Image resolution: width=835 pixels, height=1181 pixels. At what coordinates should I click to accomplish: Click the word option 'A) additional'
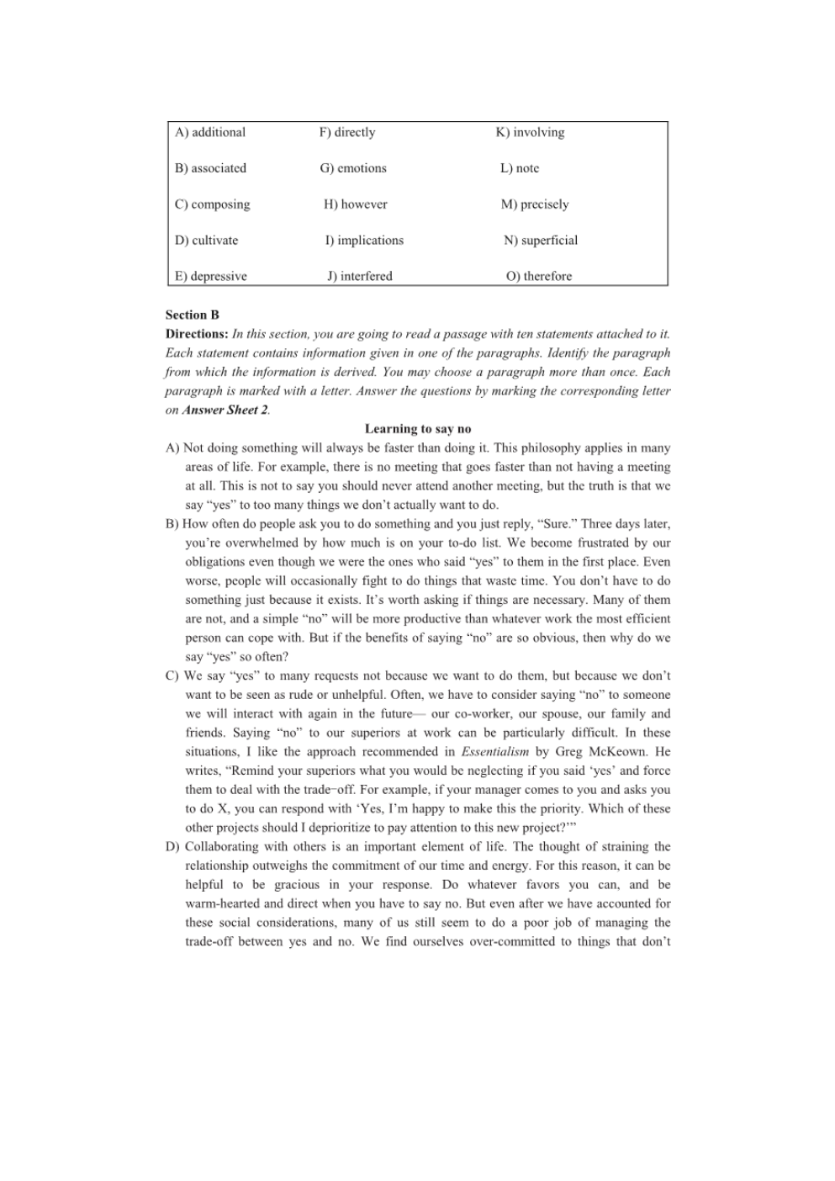[210, 133]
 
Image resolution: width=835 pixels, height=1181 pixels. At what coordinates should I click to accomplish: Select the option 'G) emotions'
[353, 168]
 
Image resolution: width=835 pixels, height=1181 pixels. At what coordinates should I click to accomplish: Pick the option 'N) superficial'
[541, 241]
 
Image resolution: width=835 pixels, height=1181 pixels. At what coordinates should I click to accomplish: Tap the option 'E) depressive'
[211, 277]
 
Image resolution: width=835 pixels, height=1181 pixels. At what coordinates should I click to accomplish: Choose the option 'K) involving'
[530, 133]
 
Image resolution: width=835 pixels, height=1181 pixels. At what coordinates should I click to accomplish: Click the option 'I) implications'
[364, 241]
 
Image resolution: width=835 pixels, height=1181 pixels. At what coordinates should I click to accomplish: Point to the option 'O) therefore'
[538, 277]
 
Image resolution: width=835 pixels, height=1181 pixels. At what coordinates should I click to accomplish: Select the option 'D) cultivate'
[207, 241]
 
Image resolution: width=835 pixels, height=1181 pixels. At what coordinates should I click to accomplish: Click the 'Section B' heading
[193, 315]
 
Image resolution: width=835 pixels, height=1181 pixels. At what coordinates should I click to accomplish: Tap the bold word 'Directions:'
[197, 335]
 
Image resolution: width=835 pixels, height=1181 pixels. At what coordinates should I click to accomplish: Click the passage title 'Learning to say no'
[418, 429]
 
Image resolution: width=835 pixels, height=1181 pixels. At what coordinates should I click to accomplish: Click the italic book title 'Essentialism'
[495, 752]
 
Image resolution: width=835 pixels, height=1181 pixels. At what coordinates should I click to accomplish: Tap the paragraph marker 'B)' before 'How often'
[172, 524]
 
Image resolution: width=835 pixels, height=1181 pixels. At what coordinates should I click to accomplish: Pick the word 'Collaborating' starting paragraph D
[223, 847]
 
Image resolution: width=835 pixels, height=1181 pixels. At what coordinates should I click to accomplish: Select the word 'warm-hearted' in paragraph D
[223, 904]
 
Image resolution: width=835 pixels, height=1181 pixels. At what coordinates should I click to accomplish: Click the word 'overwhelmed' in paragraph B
[267, 543]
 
